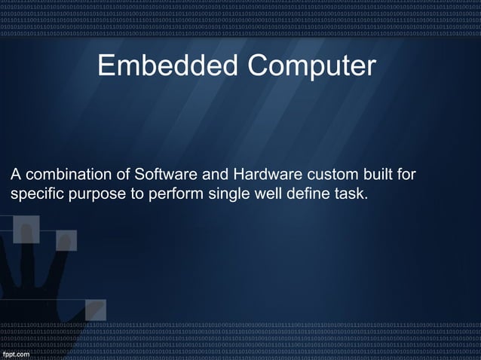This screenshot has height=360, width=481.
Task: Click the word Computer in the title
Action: pyautogui.click(x=308, y=66)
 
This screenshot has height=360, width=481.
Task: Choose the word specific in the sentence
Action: pyautogui.click(x=35, y=195)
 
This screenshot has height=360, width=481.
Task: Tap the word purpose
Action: pyautogui.click(x=93, y=195)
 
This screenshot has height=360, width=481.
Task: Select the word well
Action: pyautogui.click(x=255, y=195)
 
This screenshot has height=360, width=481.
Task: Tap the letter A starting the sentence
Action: pyautogui.click(x=15, y=175)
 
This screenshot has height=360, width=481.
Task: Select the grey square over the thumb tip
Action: pyautogui.click(x=95, y=309)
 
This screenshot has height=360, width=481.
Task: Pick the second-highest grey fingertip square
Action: pyautogui.click(x=66, y=239)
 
